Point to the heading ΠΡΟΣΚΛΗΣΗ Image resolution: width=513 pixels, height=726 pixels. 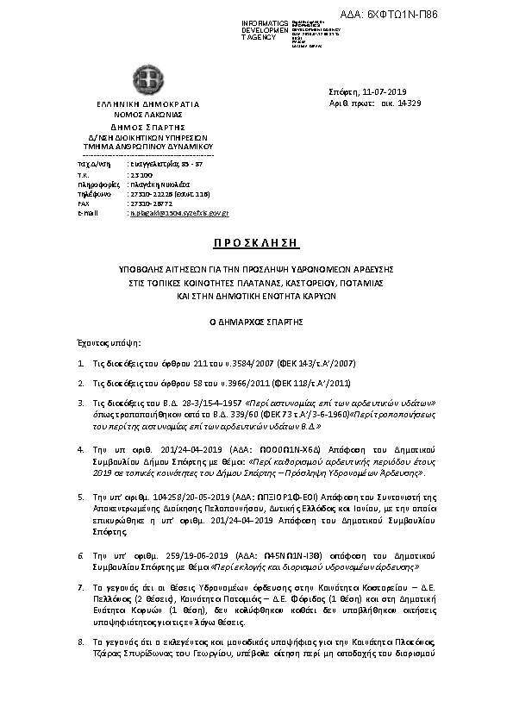click(255, 242)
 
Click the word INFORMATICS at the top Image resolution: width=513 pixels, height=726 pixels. click(265, 22)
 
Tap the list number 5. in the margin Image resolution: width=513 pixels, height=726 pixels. click(80, 498)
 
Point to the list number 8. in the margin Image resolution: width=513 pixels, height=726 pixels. click(80, 642)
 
